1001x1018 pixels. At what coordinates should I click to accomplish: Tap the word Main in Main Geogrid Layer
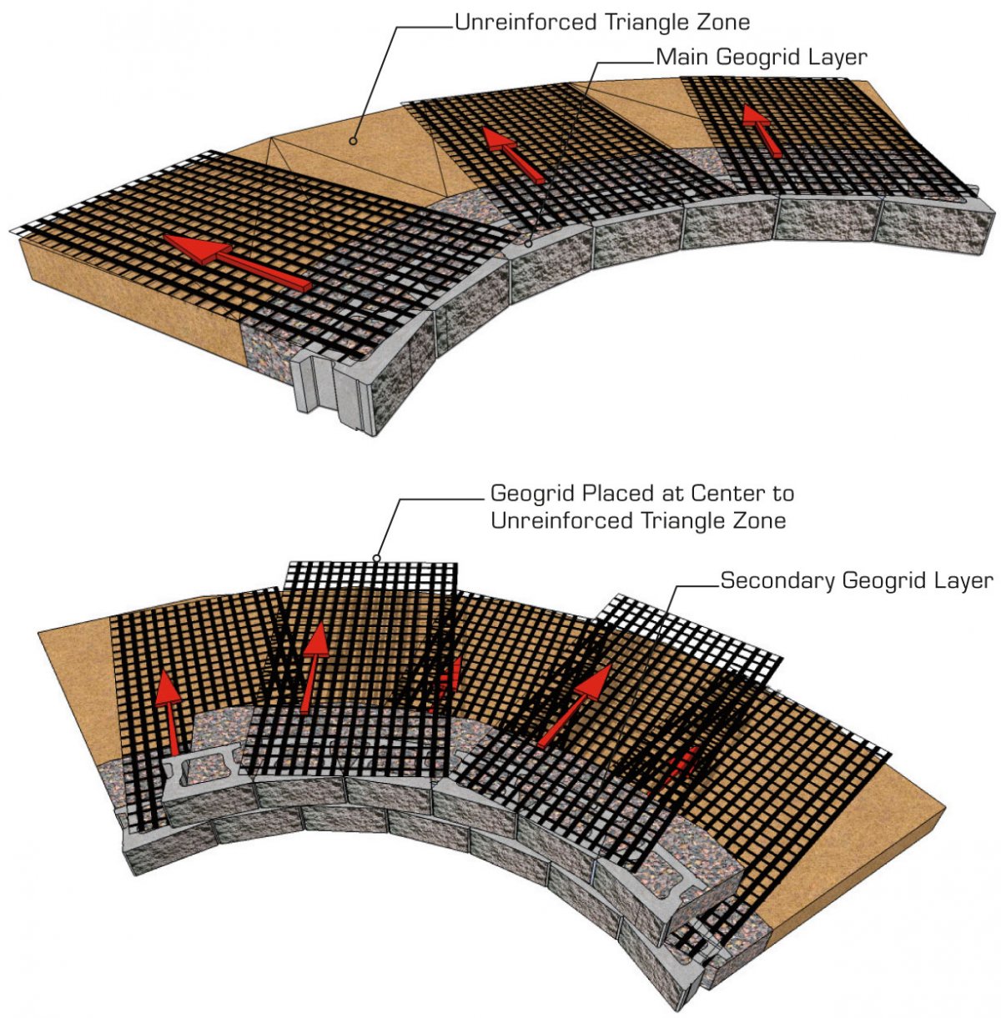click(677, 58)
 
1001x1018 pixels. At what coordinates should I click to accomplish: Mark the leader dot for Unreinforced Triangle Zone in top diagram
click(353, 142)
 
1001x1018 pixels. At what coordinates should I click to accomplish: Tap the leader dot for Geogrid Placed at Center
click(376, 558)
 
